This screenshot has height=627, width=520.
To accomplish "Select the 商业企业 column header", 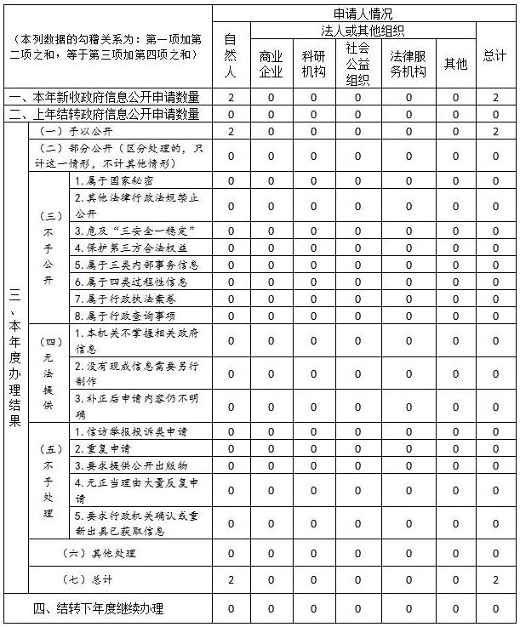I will [x=271, y=64].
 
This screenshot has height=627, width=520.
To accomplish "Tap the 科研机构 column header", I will [x=313, y=64].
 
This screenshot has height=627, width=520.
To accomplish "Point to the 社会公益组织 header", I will [x=357, y=64].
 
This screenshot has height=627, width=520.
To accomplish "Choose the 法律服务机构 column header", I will [x=409, y=64].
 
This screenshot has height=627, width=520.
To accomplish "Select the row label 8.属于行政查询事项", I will [x=126, y=315].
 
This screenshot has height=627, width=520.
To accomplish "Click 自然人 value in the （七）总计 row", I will [x=231, y=579].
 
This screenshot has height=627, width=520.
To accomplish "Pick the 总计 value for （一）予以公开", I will [x=495, y=132].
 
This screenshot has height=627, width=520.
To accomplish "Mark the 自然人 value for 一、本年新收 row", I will [x=231, y=98].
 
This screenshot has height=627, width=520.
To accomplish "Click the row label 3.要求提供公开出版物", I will [x=131, y=465].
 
